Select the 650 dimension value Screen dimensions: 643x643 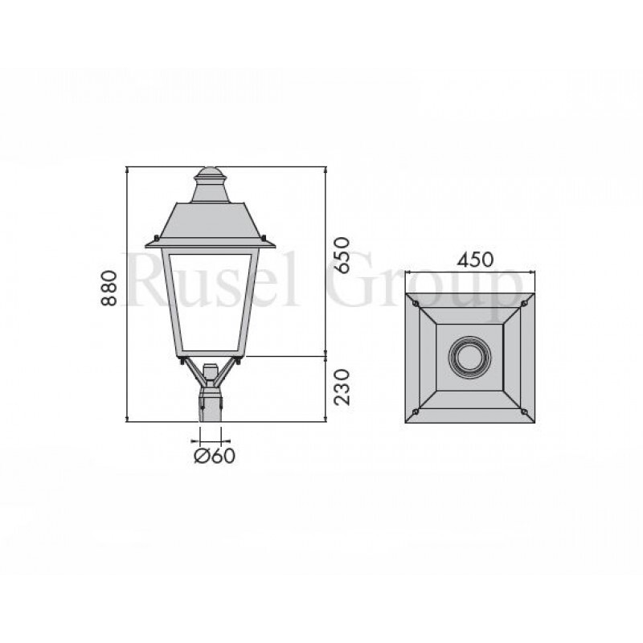[x=341, y=255]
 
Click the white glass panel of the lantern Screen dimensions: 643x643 [x=210, y=301]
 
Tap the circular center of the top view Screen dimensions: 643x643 [x=470, y=356]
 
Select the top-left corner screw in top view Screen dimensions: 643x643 [x=415, y=303]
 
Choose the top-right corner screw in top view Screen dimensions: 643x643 [x=525, y=303]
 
